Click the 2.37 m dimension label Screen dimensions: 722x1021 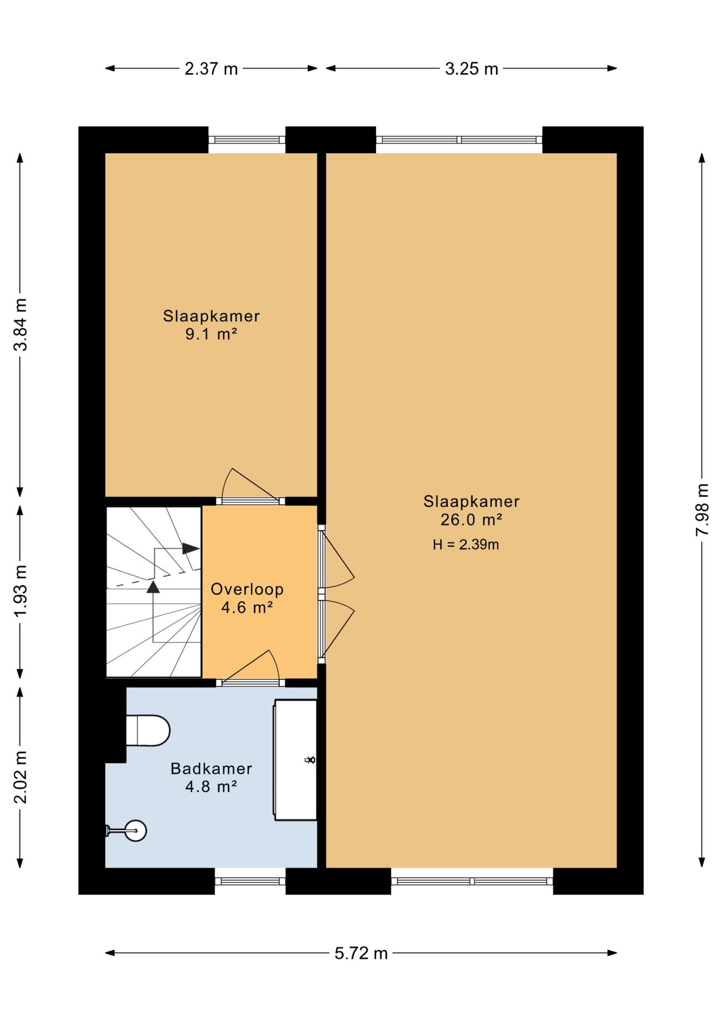click(211, 69)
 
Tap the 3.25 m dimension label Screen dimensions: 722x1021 click(472, 69)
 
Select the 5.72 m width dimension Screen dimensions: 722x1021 click(361, 953)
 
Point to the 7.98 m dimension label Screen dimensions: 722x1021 click(702, 509)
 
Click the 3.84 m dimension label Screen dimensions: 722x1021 click(20, 324)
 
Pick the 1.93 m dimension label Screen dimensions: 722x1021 click(20, 591)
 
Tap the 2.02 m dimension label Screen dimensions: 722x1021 click(20, 777)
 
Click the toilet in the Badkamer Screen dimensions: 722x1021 click(148, 731)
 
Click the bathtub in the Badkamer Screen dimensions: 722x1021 click(295, 760)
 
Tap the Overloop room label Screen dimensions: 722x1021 click(247, 589)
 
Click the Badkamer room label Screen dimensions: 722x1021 click(211, 768)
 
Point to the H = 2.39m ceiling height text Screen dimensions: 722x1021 click(466, 545)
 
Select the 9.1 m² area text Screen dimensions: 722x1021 click(211, 334)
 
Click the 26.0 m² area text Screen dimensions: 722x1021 click(472, 520)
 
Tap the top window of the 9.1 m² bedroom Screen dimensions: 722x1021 click(247, 140)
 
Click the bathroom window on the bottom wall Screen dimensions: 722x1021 click(250, 881)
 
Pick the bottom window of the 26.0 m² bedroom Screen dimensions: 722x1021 click(472, 881)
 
